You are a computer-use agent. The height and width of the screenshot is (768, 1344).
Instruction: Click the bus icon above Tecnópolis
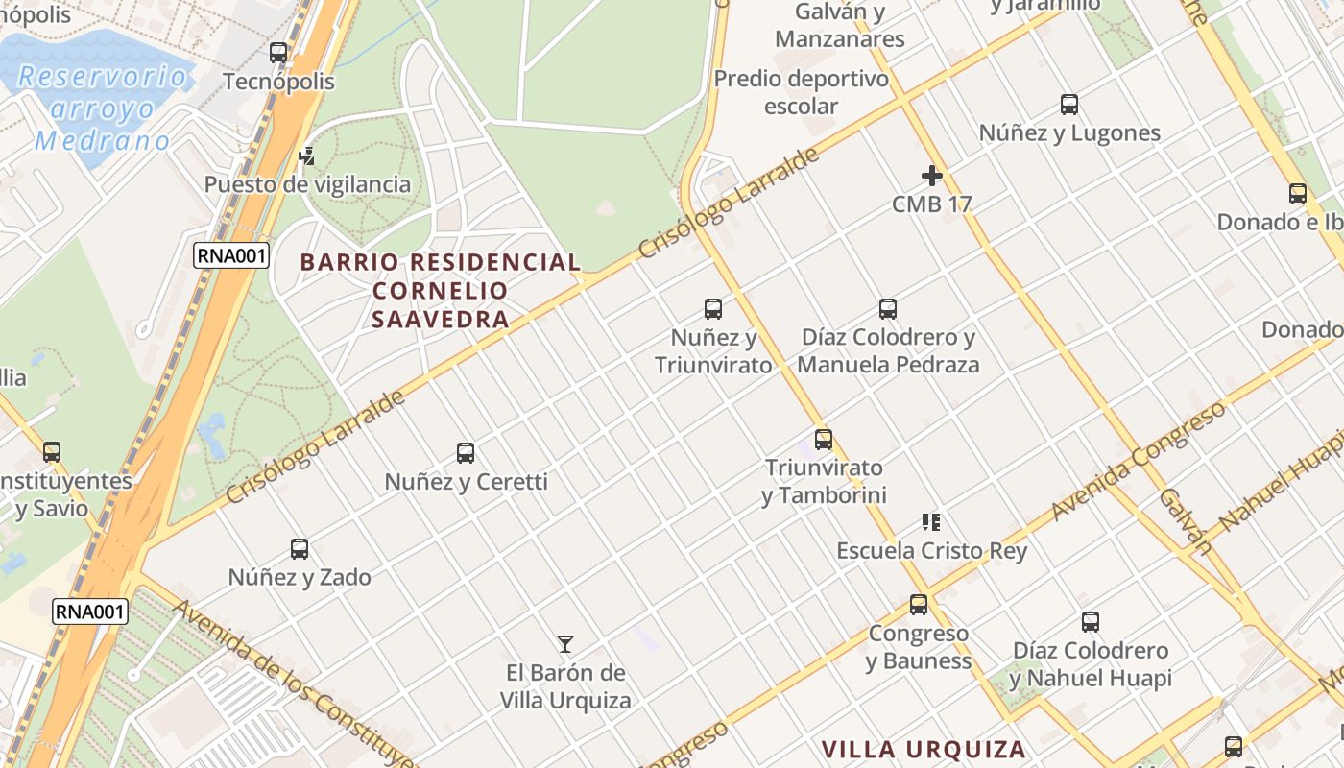(x=278, y=53)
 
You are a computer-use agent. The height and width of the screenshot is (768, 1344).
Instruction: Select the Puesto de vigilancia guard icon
(x=307, y=156)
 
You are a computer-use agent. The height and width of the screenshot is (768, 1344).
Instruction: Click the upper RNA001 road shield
(x=230, y=254)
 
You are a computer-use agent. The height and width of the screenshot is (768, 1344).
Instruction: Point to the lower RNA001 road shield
(x=90, y=611)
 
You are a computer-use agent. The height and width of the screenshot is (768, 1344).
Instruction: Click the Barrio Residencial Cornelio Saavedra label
(x=441, y=290)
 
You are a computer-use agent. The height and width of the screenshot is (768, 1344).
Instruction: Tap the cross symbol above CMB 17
(x=931, y=176)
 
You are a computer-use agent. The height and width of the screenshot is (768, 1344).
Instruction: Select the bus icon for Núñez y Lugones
(x=1069, y=105)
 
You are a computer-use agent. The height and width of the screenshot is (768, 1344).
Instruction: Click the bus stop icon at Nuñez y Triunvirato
(x=713, y=309)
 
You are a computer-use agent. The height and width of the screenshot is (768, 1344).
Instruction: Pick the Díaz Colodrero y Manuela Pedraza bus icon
(x=888, y=309)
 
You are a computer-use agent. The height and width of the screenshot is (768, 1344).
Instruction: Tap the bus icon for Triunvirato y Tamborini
(x=824, y=440)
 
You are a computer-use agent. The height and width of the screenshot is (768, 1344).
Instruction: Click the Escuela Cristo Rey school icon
(x=930, y=522)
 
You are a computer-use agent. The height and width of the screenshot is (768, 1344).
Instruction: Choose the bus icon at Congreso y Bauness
(x=919, y=605)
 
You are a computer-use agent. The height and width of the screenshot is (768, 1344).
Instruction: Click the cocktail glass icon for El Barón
(x=565, y=644)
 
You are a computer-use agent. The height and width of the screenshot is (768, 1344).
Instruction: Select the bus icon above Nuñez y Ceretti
(x=466, y=453)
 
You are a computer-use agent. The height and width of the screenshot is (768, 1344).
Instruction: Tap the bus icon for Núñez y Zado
(x=300, y=549)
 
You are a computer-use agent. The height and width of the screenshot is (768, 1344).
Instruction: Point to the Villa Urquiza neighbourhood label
(x=924, y=749)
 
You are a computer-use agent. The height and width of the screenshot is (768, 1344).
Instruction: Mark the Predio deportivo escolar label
(x=802, y=92)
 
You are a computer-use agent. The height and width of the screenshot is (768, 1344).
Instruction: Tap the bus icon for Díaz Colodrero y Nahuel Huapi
(x=1091, y=622)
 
